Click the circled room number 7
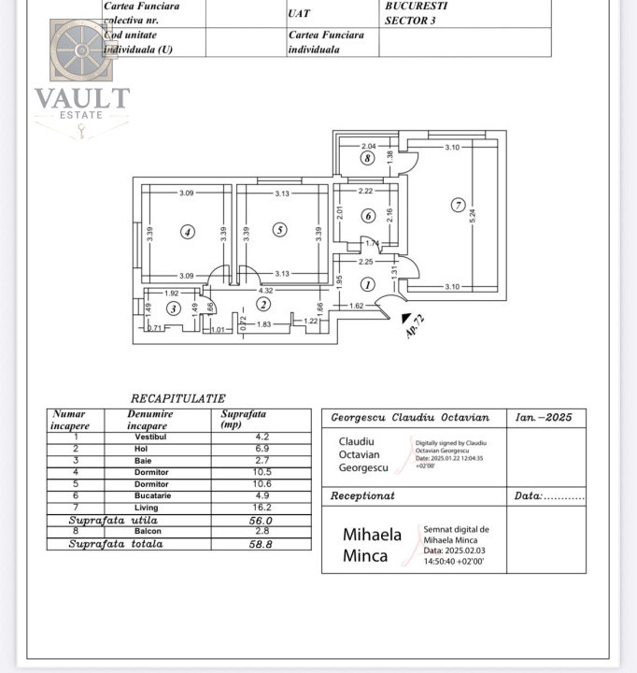click(x=458, y=206)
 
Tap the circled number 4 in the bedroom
click(x=188, y=232)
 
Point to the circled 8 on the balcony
click(x=368, y=159)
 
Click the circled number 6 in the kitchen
click(x=368, y=216)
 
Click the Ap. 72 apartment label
click(x=414, y=325)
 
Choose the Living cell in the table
click(x=147, y=508)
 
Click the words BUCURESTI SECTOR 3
click(x=417, y=12)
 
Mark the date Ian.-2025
click(x=545, y=418)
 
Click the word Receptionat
click(x=363, y=496)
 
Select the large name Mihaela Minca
click(x=372, y=545)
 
